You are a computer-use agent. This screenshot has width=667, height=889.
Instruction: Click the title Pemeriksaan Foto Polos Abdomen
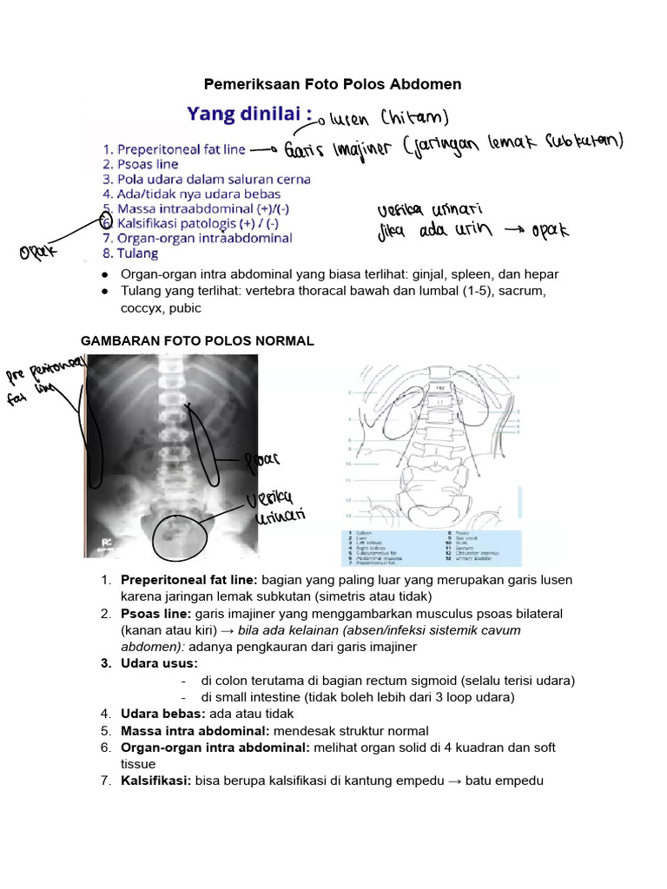click(333, 84)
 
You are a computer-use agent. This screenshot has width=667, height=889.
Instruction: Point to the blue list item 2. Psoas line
click(140, 163)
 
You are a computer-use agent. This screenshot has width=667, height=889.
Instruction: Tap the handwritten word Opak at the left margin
click(40, 253)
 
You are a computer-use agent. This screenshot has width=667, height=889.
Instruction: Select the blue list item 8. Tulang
click(131, 254)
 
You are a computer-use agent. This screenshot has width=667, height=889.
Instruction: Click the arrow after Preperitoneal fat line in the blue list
click(262, 150)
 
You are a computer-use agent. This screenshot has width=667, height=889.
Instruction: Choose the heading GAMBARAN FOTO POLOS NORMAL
click(197, 341)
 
